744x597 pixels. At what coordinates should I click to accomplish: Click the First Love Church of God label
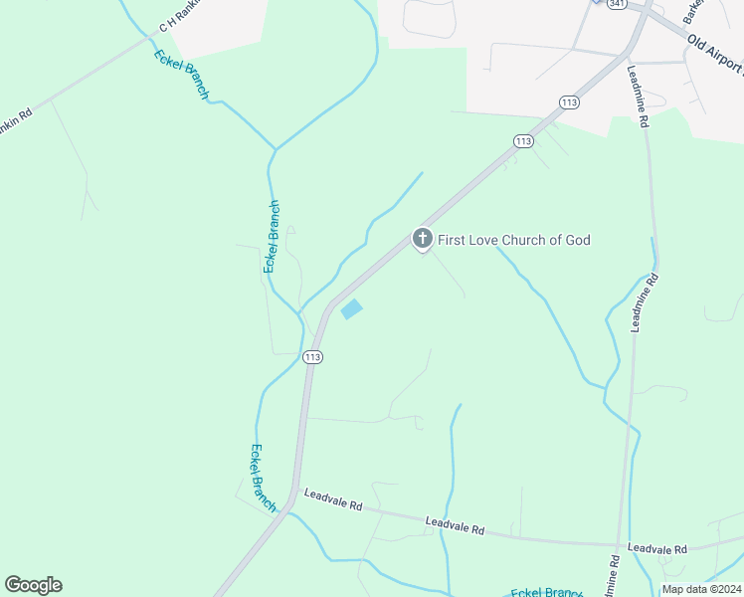[514, 240]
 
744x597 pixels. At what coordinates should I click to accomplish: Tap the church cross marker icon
[422, 239]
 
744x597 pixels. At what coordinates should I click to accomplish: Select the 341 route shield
[618, 4]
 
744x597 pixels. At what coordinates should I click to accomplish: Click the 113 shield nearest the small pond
[312, 357]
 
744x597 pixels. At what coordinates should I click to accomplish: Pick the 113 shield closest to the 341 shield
[569, 102]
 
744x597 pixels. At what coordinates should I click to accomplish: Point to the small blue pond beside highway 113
[351, 310]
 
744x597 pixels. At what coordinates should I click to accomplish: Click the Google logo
[33, 585]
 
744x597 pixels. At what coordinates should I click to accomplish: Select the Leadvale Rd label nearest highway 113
[332, 499]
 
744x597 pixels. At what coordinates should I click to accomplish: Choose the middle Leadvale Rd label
[454, 526]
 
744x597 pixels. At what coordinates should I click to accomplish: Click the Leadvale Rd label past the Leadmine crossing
[656, 549]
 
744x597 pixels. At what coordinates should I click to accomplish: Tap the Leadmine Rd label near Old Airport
[639, 97]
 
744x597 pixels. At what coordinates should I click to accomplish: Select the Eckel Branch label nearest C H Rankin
[182, 75]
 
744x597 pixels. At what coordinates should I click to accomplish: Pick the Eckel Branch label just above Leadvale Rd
[264, 478]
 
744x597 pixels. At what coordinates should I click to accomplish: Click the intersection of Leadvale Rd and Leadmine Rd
[620, 545]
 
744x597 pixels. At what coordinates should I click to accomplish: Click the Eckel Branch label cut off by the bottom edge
[545, 592]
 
